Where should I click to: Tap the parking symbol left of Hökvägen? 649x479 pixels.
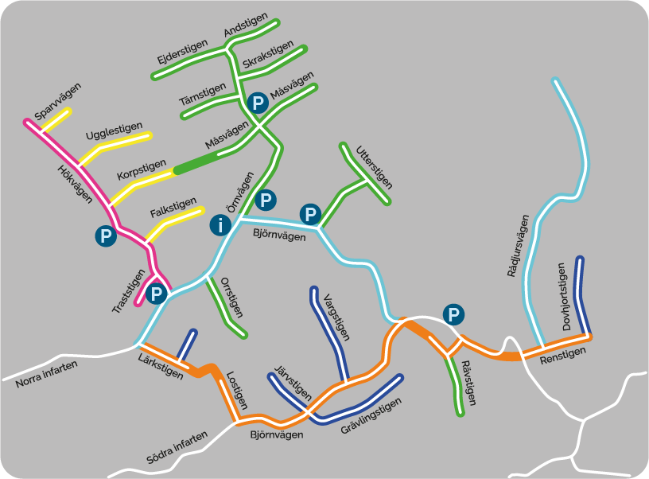click(x=104, y=236)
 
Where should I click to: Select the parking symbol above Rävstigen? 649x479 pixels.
click(x=453, y=315)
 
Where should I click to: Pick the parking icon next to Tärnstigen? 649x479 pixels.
click(x=256, y=102)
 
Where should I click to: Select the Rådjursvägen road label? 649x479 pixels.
click(x=518, y=246)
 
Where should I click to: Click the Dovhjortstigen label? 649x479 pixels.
click(x=567, y=296)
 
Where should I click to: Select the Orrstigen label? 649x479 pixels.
click(x=229, y=295)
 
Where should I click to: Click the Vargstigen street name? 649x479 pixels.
click(x=336, y=317)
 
